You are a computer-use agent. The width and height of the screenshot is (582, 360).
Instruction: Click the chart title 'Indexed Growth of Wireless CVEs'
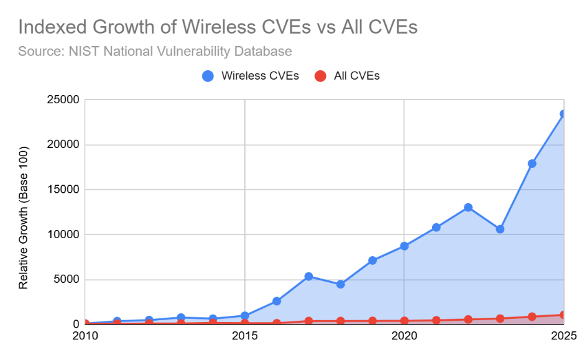tap(217, 27)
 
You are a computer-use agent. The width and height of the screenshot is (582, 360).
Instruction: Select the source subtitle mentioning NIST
tap(155, 50)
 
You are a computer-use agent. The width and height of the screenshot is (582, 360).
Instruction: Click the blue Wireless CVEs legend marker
tap(208, 76)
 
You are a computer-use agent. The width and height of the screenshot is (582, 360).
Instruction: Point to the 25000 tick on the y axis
tap(63, 100)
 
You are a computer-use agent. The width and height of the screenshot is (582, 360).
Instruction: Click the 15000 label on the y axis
tap(63, 190)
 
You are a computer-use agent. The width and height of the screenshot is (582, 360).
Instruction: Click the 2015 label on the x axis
tap(244, 336)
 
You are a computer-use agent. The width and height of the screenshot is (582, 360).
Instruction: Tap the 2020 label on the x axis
tap(404, 336)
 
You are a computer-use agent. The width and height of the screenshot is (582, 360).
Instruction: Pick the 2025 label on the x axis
tap(563, 336)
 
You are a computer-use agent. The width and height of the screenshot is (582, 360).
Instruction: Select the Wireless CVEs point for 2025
tap(563, 114)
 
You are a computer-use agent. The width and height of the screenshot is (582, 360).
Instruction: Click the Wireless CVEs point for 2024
tap(532, 164)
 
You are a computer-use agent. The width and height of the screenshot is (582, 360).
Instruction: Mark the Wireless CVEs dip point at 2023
tap(500, 229)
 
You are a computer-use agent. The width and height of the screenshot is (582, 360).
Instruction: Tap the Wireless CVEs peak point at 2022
tap(468, 207)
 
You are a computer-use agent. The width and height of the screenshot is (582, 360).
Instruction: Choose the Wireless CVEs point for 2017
tap(308, 276)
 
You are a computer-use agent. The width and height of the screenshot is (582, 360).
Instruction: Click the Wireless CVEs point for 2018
tap(340, 284)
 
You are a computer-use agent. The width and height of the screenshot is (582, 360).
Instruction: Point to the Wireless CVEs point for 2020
tap(404, 246)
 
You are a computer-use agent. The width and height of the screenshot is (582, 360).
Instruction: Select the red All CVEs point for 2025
tap(563, 315)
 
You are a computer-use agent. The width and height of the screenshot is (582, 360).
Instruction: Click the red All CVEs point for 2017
tap(308, 321)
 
